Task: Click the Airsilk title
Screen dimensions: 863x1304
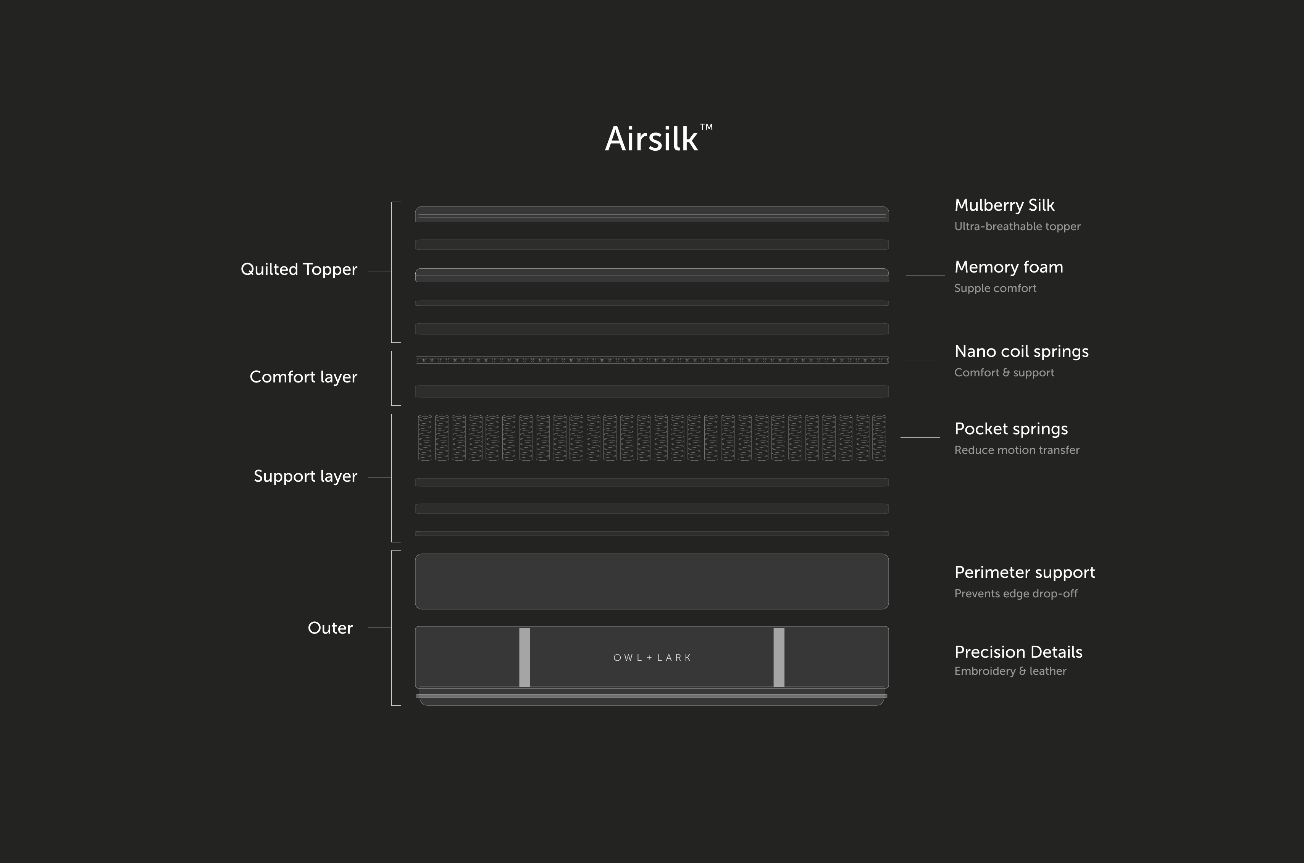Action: click(x=651, y=139)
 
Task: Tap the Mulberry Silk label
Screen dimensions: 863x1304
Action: click(x=1004, y=205)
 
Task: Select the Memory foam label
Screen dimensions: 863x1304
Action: click(x=1009, y=267)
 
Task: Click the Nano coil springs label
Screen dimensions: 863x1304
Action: click(x=1021, y=351)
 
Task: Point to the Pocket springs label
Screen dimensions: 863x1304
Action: click(x=1010, y=429)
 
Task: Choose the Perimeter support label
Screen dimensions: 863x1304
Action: click(x=1024, y=573)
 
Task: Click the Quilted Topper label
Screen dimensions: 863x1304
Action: click(x=299, y=269)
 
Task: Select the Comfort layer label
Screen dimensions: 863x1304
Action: click(x=303, y=377)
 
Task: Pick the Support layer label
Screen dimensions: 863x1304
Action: click(x=305, y=476)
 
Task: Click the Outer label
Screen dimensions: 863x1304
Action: click(x=330, y=628)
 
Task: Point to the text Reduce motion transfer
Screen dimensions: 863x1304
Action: click(x=1017, y=450)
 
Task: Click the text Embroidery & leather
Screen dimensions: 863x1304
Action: click(x=1010, y=671)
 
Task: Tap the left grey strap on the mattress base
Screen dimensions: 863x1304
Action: click(x=525, y=657)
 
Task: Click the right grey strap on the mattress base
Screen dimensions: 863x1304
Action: click(x=779, y=657)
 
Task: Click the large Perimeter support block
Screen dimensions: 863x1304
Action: click(x=652, y=581)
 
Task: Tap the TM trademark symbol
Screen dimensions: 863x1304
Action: click(x=706, y=127)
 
